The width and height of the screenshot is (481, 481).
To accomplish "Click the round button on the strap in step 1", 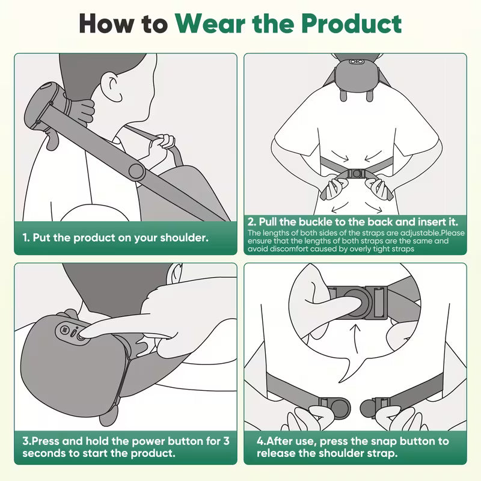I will (136, 173).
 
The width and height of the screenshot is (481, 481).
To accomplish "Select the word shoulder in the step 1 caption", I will (183, 237).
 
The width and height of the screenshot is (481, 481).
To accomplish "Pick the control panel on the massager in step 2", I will (359, 61).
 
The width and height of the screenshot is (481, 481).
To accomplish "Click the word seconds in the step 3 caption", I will (43, 453).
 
